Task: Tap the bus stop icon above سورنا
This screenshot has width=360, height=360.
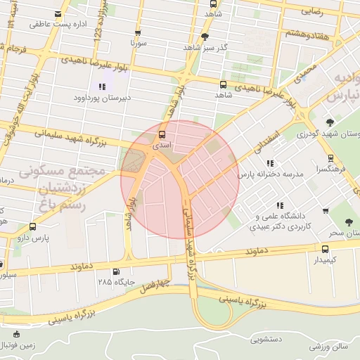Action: [x=137, y=32]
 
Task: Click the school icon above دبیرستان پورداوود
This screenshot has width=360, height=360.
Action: [x=103, y=86]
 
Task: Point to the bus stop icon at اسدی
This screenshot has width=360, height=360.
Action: [x=162, y=134]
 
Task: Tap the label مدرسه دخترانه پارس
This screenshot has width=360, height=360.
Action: [x=270, y=173]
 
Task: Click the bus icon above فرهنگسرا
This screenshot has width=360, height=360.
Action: [x=331, y=158]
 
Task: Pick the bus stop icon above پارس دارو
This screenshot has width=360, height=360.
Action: [x=33, y=226]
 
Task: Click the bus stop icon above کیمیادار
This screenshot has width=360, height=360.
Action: [x=325, y=249]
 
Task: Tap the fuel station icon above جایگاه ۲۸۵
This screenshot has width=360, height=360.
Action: [x=115, y=271]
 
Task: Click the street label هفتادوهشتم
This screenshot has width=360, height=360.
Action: [x=306, y=33]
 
